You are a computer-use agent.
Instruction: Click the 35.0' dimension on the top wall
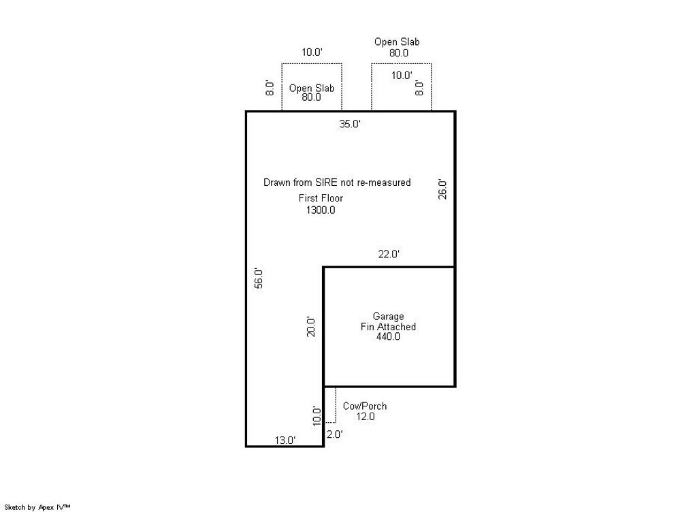pos(350,124)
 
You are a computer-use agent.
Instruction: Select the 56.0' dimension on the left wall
pos(259,278)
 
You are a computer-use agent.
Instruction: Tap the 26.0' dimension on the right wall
pos(442,189)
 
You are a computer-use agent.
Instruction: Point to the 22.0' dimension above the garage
pos(389,254)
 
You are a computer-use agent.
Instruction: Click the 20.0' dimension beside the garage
pos(311,326)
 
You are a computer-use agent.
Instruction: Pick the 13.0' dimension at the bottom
pos(285,441)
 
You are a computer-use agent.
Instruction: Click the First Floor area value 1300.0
pos(321,210)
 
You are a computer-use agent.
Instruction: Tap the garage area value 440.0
pos(388,336)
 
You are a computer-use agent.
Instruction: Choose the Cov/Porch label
pos(364,406)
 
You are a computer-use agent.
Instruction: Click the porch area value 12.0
pos(365,417)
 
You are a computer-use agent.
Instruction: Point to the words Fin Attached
pos(388,327)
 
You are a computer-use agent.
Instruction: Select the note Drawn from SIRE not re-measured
pos(337,182)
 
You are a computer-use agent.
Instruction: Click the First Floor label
pos(321,198)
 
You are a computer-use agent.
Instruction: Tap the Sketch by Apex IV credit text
pos(37,507)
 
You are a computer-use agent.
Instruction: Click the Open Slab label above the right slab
pos(397,42)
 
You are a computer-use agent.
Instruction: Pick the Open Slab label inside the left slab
pos(311,88)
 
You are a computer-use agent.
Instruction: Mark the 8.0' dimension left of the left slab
pos(270,88)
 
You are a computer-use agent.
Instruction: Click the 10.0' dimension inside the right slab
pos(401,76)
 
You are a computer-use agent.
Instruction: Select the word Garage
pos(388,317)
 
